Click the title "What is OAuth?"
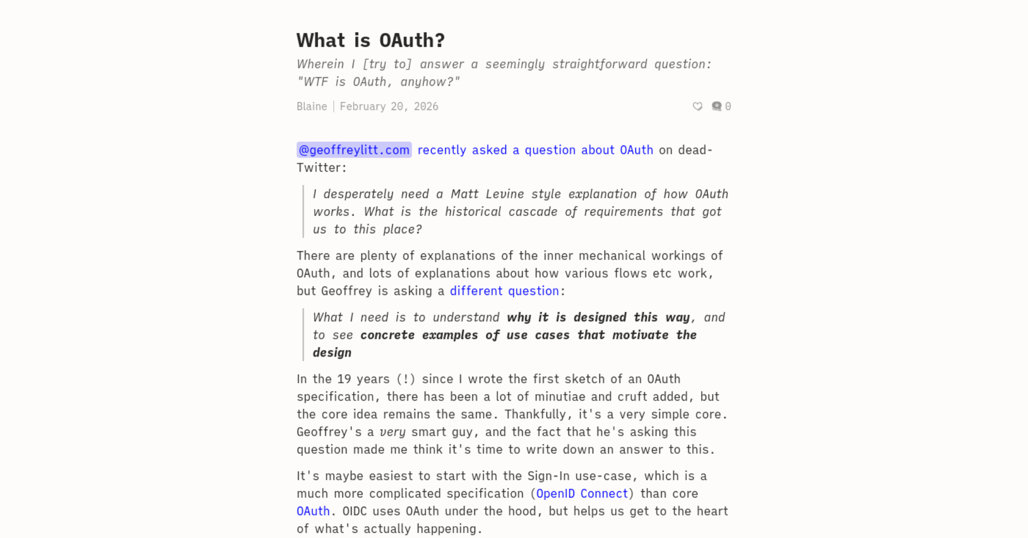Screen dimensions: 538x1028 [370, 41]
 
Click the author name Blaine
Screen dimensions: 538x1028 [311, 106]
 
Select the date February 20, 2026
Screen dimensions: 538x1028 [389, 106]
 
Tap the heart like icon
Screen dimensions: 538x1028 [697, 106]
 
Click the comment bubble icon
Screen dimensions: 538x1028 [717, 106]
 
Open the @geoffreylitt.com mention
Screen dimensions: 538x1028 [354, 150]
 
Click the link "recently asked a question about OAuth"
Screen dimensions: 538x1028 [535, 150]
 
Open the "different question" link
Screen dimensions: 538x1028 [504, 291]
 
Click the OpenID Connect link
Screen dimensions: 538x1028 [582, 493]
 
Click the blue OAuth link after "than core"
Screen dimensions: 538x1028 [313, 511]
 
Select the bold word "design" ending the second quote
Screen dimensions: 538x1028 [332, 353]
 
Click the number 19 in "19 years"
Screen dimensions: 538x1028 [344, 379]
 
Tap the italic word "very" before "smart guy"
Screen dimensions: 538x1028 [392, 432]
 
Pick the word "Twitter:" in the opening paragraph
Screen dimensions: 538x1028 [321, 168]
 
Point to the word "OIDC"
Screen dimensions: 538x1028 [355, 511]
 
